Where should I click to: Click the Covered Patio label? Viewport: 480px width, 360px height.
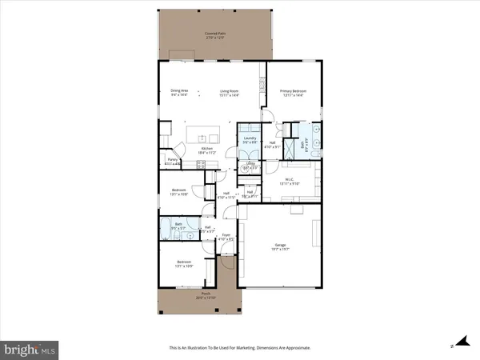point(212,34)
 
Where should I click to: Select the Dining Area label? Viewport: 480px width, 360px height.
point(179,91)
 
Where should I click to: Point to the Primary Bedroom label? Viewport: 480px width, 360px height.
point(294,91)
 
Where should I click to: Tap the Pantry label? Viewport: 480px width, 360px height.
point(172,159)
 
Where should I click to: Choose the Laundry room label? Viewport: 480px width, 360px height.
point(250,138)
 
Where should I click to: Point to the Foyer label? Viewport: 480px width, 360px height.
point(226,234)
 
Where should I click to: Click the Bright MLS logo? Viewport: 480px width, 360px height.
point(30,349)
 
